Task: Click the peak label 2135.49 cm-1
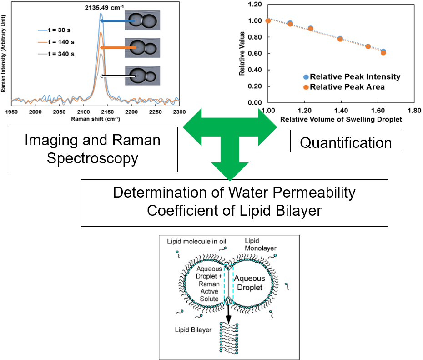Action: tap(104, 8)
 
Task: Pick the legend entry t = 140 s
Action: tap(56, 42)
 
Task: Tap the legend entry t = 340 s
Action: tap(56, 54)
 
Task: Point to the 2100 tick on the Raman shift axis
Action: tap(83, 112)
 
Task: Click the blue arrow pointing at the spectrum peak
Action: tap(118, 21)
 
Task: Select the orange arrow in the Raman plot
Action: tap(118, 48)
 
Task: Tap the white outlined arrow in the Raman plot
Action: tap(118, 76)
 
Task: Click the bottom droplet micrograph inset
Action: tap(142, 76)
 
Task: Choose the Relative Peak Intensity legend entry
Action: tap(352, 76)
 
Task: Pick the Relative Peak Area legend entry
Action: tap(344, 87)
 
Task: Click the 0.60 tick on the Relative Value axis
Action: tap(255, 53)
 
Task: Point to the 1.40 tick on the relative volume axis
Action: tap(341, 111)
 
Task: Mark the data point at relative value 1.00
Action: tap(268, 21)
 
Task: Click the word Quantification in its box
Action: tap(346, 142)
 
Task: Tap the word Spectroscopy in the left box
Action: tap(92, 158)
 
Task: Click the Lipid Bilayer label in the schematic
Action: tap(193, 330)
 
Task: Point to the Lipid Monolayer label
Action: tap(260, 244)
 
